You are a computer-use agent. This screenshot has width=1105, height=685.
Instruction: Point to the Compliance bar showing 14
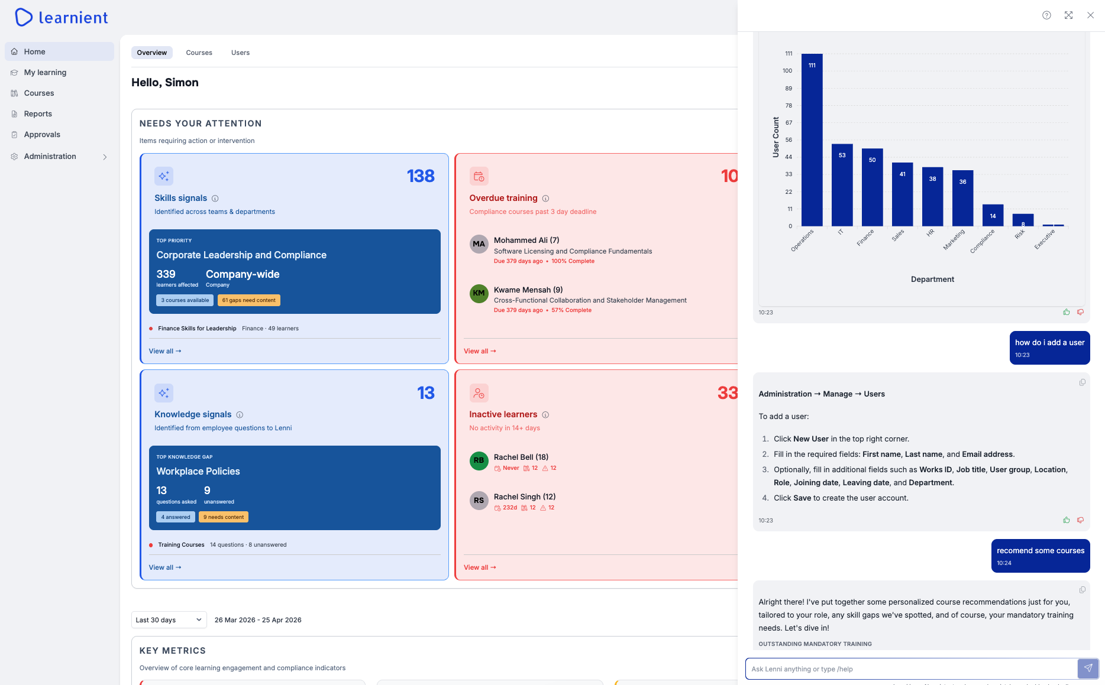tap(993, 215)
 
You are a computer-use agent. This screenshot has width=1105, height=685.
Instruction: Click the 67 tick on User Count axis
tap(789, 123)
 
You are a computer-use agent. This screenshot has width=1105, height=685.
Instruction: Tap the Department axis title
tap(932, 280)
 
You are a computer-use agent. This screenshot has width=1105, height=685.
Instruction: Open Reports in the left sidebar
tap(38, 114)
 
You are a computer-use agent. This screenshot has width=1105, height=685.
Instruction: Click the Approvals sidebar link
tap(42, 135)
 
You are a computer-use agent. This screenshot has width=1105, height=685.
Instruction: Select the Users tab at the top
tap(240, 53)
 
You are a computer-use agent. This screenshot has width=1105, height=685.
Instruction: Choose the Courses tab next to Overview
tap(199, 53)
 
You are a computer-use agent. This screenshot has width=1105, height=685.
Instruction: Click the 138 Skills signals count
tap(421, 176)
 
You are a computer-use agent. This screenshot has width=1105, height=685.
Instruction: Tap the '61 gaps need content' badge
tap(249, 300)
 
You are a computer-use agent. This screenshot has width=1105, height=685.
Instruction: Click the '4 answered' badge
tap(176, 517)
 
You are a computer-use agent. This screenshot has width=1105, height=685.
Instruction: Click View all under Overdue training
tap(480, 351)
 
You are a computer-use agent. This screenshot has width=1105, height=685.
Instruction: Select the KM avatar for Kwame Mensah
tap(479, 294)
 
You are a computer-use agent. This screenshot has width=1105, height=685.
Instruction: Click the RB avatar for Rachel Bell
tap(479, 461)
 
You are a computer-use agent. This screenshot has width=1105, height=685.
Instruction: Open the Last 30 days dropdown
tap(169, 620)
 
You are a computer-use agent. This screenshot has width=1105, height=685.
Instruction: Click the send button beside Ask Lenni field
tap(1088, 668)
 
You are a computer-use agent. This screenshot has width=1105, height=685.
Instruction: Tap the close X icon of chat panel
tap(1090, 15)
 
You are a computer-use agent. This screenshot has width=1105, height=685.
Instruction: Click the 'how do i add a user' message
tap(1049, 343)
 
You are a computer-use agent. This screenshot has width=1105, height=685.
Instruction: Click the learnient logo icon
tap(24, 17)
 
